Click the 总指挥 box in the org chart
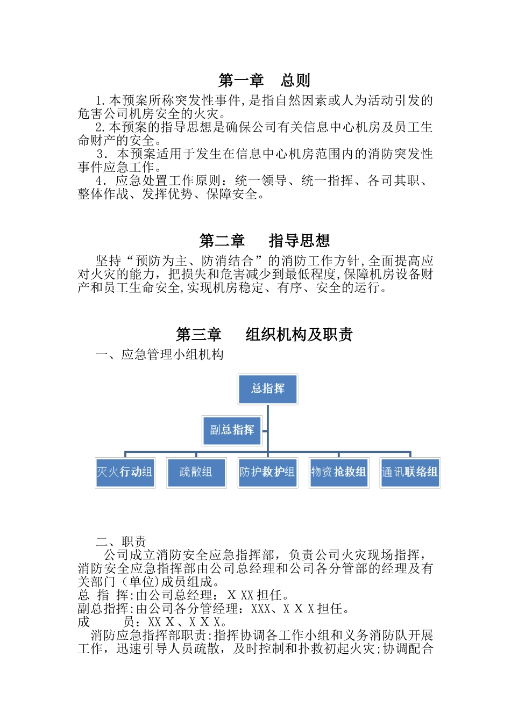coord(267,389)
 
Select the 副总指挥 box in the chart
coord(232,430)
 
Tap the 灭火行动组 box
coord(125,473)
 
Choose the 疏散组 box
coord(196,473)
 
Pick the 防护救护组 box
coord(267,473)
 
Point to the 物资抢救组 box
coord(338,473)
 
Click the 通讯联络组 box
coord(410,473)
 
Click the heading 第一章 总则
coord(264,81)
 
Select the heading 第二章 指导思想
coord(264,241)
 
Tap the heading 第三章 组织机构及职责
coord(264,335)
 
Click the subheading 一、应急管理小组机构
coord(159,355)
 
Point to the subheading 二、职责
coord(121,541)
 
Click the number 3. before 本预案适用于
coord(102,154)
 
